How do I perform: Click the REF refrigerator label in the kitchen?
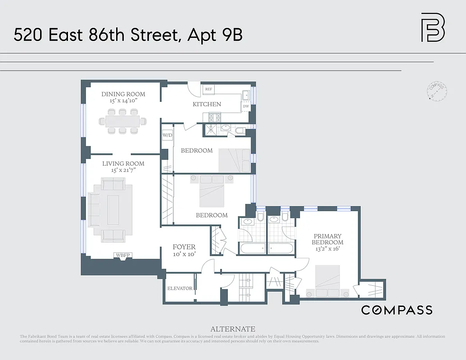(x=208, y=89)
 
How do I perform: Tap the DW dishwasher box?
(x=246, y=107)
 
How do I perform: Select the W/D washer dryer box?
(x=167, y=135)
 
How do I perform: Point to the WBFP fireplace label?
(x=123, y=256)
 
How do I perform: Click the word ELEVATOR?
(x=180, y=288)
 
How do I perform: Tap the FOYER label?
(x=184, y=247)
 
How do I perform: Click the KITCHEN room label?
(x=207, y=104)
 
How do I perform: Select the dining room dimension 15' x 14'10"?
(x=123, y=101)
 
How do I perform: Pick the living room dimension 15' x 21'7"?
(x=123, y=171)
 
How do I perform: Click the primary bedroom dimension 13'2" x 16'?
(x=327, y=249)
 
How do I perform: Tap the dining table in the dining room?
(x=123, y=121)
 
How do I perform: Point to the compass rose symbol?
(x=436, y=92)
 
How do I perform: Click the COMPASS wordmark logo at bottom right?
(x=397, y=310)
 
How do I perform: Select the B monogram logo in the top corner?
(x=433, y=27)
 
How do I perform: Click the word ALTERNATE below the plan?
(x=233, y=329)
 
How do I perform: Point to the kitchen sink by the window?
(x=246, y=94)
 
